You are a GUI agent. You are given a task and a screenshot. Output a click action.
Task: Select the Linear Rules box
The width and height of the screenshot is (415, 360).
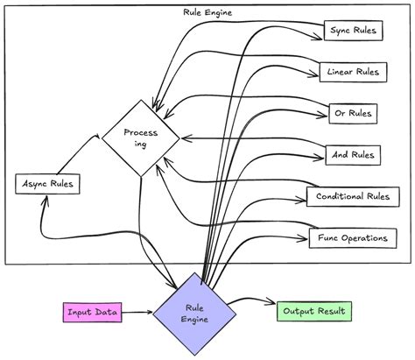[x=353, y=72]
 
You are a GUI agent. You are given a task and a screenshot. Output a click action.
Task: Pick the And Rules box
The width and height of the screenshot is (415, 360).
[x=353, y=155]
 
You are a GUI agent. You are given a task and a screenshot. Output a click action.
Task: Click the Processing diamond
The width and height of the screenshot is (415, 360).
[x=140, y=138]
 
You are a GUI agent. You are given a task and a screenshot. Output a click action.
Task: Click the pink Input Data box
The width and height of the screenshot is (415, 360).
[x=92, y=312]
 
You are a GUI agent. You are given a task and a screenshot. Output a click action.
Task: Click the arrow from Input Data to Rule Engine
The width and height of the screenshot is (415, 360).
[x=137, y=312]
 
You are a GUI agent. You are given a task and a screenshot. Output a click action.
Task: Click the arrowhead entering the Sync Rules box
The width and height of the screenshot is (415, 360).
[x=320, y=37]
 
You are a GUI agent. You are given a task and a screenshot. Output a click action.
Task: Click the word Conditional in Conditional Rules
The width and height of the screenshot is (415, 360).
[x=336, y=196]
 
